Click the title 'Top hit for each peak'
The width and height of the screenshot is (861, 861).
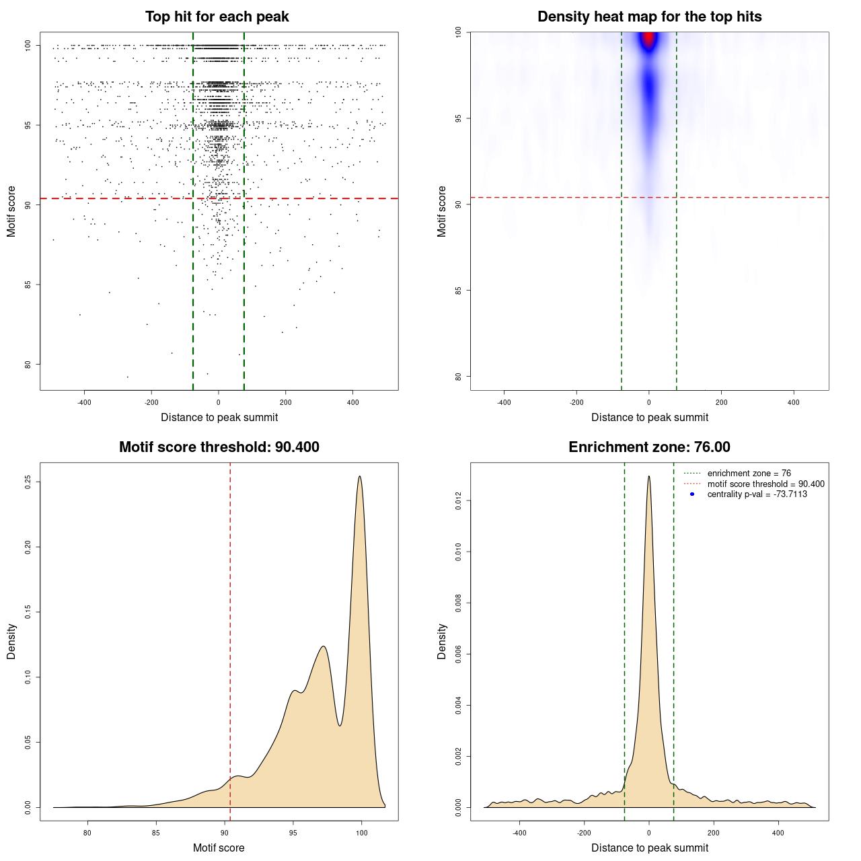(217, 17)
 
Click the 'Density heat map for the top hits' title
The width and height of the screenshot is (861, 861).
(649, 17)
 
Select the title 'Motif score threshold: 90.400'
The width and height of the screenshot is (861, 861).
(219, 447)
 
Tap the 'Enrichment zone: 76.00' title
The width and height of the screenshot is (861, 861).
(649, 447)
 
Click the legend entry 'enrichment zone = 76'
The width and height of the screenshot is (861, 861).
(749, 474)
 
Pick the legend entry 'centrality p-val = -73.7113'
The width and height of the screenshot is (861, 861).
(757, 494)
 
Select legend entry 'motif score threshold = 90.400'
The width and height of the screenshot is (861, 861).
(765, 484)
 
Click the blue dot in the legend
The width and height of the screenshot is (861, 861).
(692, 494)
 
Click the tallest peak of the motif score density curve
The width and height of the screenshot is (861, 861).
(360, 477)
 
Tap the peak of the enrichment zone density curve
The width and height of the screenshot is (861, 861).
(648, 477)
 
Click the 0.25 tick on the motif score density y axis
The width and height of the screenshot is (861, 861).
(28, 482)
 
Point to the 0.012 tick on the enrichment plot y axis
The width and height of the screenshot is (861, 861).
(458, 501)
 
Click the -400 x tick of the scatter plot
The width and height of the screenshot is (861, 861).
(84, 402)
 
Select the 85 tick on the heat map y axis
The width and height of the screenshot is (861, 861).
(458, 290)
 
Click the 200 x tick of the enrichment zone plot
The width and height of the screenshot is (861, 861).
(713, 833)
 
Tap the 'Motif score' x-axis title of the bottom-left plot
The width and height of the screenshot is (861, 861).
(219, 848)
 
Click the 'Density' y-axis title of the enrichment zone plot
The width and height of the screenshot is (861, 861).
(442, 641)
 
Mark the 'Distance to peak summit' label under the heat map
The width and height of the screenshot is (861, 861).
(649, 417)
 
